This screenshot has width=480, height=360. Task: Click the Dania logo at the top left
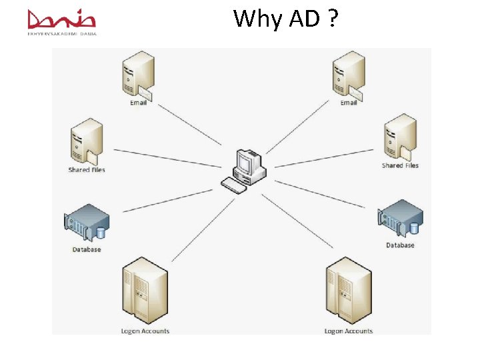[x=62, y=21]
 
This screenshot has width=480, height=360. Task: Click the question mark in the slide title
[x=331, y=19]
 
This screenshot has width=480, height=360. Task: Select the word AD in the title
[x=304, y=19]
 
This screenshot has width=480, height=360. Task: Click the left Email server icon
[x=138, y=75]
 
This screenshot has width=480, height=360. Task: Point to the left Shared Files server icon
[x=87, y=141]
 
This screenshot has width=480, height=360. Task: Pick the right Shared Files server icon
[x=400, y=137]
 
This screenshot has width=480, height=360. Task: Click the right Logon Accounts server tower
[x=348, y=292]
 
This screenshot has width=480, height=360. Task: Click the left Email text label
[x=138, y=103]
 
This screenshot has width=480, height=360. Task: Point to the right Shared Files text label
[x=400, y=165]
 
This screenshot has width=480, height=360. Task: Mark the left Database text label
[x=87, y=249]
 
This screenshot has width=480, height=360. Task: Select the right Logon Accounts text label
[x=348, y=331]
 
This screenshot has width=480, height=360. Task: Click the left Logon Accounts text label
[x=145, y=331]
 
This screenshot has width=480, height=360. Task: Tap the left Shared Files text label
[x=87, y=170]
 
